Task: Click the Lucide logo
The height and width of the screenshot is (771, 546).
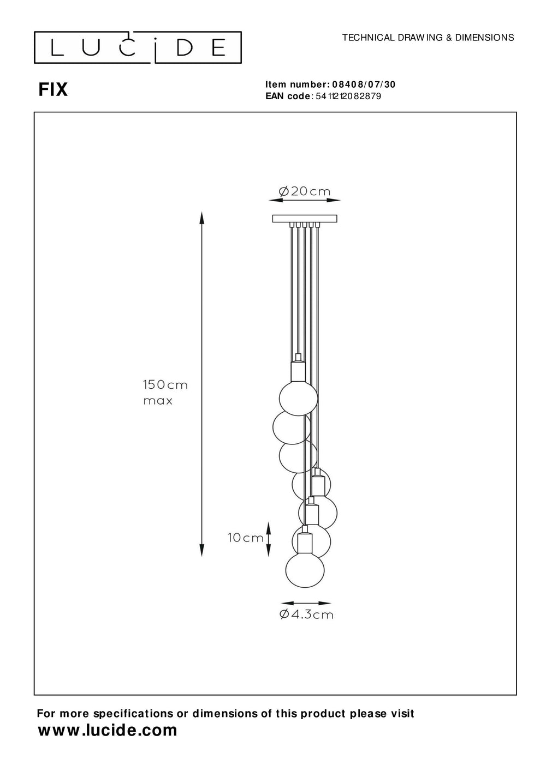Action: tap(138, 48)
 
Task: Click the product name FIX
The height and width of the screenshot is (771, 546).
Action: tap(53, 89)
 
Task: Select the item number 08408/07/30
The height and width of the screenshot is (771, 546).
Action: tap(364, 85)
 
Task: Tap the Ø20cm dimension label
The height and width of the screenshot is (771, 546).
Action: tap(305, 191)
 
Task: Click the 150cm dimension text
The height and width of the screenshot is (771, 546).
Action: tap(165, 384)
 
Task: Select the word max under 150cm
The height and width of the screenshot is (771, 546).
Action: tap(158, 401)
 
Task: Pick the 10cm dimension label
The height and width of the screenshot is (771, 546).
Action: tap(246, 538)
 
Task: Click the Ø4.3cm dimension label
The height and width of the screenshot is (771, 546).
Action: tap(306, 615)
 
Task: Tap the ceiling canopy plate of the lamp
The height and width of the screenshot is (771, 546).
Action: tap(305, 219)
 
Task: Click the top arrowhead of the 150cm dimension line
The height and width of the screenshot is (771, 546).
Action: tap(201, 217)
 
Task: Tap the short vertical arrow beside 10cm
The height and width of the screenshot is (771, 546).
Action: tap(269, 539)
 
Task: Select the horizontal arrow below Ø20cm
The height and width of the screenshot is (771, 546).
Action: tap(305, 200)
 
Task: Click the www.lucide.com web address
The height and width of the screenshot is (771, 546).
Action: tap(108, 730)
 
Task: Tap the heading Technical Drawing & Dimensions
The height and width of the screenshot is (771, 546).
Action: tap(428, 38)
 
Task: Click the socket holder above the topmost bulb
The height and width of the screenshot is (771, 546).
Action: tap(298, 371)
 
